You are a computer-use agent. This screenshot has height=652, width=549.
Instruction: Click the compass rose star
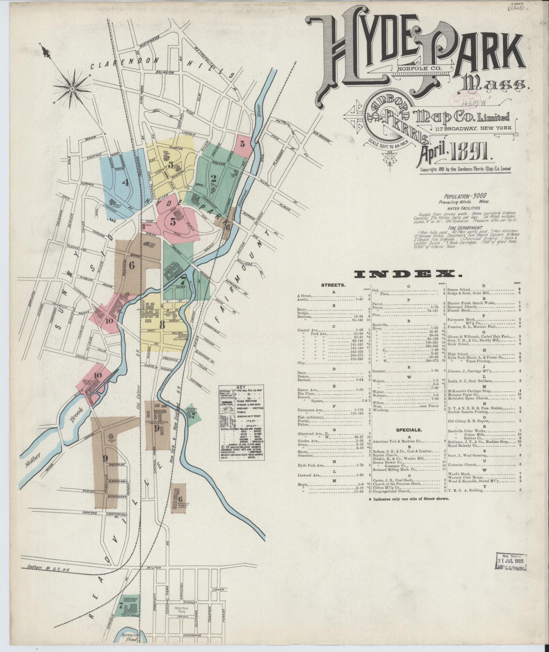(72, 89)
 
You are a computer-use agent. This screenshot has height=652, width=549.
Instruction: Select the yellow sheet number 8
(163, 325)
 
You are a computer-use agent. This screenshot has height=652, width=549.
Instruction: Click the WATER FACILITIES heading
(465, 208)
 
